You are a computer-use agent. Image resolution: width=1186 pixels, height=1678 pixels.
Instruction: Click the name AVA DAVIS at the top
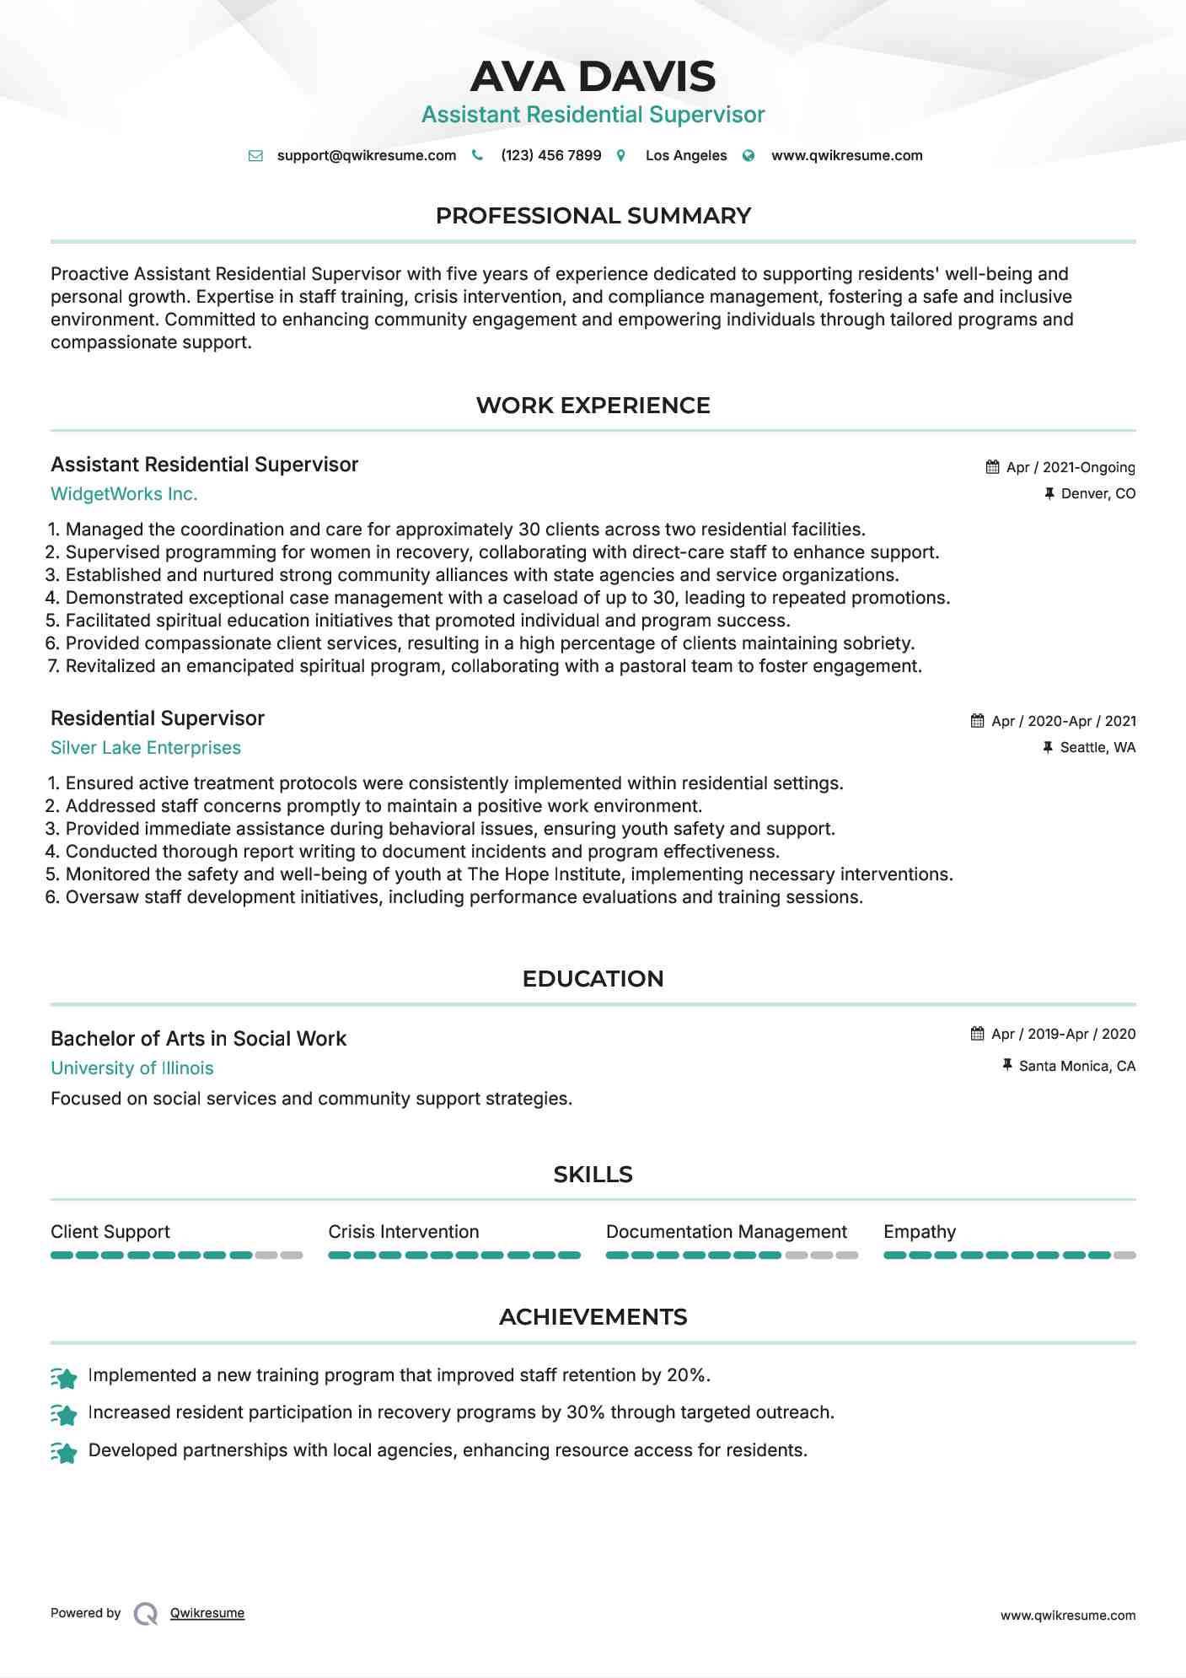click(x=593, y=77)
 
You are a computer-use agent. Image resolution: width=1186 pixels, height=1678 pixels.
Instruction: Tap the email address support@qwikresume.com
click(x=366, y=155)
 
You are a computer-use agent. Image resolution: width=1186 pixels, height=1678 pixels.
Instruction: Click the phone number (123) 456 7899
click(x=550, y=155)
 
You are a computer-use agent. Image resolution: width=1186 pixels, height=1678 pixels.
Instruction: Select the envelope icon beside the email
click(x=255, y=155)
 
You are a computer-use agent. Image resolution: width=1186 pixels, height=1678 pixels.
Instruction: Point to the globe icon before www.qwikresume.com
click(x=749, y=155)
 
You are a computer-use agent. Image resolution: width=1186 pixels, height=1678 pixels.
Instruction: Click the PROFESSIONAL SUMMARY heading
click(x=593, y=216)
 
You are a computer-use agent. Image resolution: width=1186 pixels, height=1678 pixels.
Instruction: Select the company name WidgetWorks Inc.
click(x=124, y=494)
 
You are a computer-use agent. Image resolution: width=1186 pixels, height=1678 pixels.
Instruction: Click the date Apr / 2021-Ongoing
click(x=1070, y=467)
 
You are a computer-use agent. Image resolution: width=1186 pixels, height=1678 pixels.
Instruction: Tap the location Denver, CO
click(x=1097, y=493)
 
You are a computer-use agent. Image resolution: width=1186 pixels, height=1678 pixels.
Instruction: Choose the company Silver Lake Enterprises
click(x=145, y=748)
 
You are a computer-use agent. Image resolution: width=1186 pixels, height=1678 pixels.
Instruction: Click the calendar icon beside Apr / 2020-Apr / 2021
click(x=977, y=721)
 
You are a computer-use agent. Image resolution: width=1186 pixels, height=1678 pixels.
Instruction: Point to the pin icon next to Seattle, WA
click(x=1048, y=747)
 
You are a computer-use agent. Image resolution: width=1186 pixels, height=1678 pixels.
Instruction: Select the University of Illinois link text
click(x=131, y=1068)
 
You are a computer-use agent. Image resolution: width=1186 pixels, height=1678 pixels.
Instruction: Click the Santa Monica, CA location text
click(x=1076, y=1066)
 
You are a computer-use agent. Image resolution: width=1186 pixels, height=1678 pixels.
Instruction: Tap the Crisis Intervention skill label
click(x=403, y=1232)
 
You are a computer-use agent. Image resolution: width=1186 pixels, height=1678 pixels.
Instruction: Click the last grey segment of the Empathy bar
click(x=1124, y=1256)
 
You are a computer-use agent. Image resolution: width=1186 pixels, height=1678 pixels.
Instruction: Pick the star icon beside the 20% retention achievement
click(x=64, y=1378)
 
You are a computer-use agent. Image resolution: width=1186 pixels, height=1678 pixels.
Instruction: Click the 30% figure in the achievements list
click(x=585, y=1412)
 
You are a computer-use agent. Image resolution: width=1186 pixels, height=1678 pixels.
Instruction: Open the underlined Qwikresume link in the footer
click(x=207, y=1613)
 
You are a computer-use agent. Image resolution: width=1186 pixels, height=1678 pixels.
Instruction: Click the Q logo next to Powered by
click(x=146, y=1614)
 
